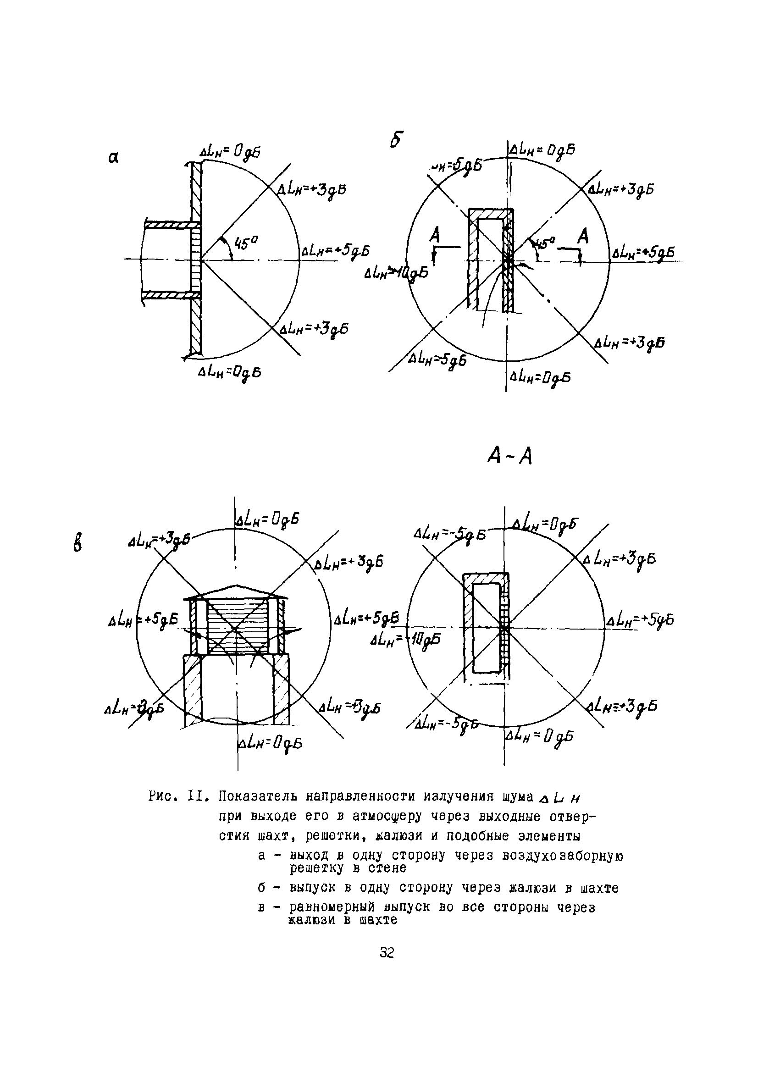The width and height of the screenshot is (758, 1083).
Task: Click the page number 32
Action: coord(386,953)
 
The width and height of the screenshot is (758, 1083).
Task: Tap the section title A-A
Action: coord(509,456)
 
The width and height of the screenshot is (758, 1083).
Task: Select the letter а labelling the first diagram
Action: coord(113,158)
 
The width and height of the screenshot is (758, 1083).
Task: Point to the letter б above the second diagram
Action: coord(397,140)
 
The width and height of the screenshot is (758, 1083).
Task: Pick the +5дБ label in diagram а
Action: coord(335,250)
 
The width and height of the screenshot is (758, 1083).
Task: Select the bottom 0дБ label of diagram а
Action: coord(230,373)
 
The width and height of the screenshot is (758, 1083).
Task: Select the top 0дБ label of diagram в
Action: coord(267,520)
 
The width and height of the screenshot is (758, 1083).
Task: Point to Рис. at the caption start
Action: coord(163,798)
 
